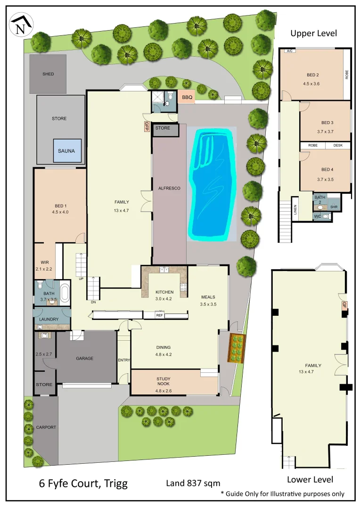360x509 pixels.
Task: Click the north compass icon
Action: [21, 25]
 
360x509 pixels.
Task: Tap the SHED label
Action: [48, 74]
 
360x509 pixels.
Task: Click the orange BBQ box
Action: [187, 98]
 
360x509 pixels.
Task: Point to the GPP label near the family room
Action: [147, 126]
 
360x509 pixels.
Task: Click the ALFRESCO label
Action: [170, 188]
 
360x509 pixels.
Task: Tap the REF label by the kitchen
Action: [159, 316]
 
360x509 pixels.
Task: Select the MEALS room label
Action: [208, 297]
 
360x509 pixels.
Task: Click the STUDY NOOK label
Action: [163, 382]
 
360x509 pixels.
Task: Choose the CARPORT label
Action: [46, 427]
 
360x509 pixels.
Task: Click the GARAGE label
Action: [85, 358]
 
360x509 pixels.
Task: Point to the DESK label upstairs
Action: [338, 146]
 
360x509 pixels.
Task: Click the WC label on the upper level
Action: [318, 216]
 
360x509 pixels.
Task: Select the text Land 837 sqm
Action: [193, 483]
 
